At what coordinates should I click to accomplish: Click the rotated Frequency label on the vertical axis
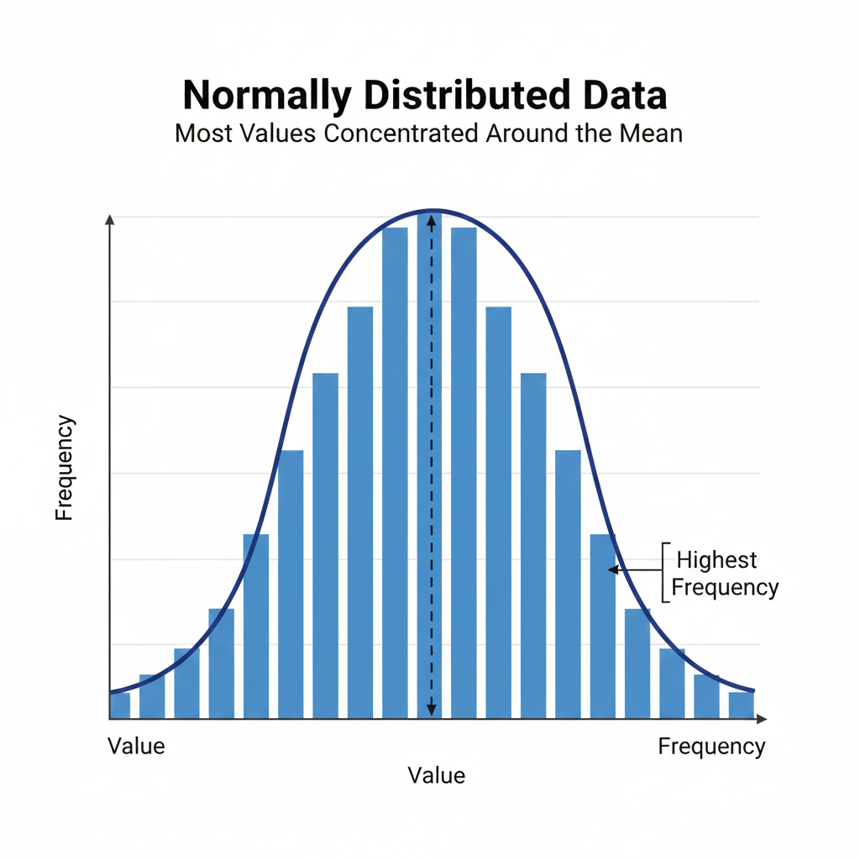point(65,469)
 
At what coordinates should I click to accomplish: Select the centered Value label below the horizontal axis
point(436,774)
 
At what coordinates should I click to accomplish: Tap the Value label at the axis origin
point(136,746)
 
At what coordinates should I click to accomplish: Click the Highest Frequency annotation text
point(723,574)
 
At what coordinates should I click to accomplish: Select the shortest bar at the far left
point(119,705)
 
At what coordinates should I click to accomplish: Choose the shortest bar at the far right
point(741,705)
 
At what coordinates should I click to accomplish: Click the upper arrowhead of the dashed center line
point(431,218)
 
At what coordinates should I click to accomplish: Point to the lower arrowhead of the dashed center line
point(431,711)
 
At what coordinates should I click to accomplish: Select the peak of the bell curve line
point(431,209)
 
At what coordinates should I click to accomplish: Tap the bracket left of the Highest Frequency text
point(665,573)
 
